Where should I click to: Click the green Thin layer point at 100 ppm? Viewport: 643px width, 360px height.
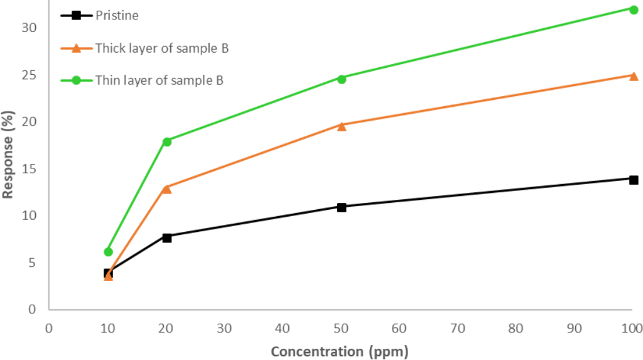(x=634, y=9)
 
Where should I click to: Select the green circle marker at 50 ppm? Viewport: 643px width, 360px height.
(x=342, y=79)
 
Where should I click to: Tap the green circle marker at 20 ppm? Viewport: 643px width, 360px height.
(x=166, y=141)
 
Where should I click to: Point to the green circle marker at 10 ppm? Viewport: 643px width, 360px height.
(x=108, y=251)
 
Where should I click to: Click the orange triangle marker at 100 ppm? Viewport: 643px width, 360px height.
(x=634, y=76)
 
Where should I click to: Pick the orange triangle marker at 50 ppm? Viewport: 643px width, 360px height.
(x=342, y=126)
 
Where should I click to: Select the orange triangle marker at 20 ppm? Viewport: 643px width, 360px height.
(x=166, y=188)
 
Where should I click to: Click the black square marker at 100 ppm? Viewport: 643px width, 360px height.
(x=634, y=180)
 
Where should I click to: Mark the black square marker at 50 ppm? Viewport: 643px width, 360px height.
(x=342, y=207)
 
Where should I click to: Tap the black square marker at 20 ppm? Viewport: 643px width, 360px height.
(x=166, y=237)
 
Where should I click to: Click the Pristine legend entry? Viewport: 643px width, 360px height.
(x=117, y=15)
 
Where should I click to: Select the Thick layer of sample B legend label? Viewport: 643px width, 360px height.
(x=161, y=48)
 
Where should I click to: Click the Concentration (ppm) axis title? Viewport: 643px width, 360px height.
(x=340, y=351)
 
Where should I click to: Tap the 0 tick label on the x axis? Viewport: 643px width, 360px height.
(x=48, y=328)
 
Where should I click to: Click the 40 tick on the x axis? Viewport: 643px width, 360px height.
(x=282, y=328)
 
